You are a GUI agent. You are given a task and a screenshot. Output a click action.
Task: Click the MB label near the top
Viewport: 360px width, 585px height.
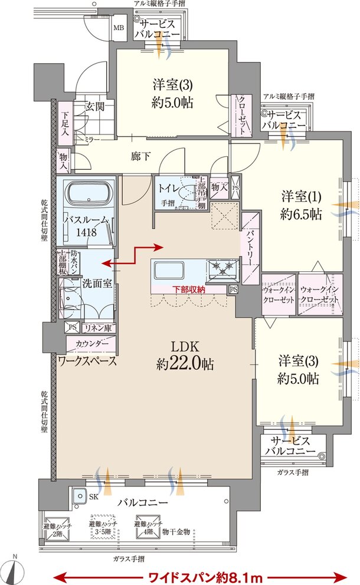(118, 28)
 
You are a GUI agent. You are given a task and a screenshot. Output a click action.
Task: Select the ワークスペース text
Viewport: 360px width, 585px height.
(87, 361)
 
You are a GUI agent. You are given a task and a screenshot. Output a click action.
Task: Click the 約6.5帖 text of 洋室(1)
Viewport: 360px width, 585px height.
(302, 215)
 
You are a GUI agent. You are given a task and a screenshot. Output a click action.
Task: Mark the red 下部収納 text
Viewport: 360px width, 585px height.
(189, 290)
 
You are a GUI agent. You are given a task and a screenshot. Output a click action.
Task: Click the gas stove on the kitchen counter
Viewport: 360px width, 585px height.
(222, 269)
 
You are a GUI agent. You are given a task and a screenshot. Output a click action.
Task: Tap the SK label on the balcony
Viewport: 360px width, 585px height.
(93, 497)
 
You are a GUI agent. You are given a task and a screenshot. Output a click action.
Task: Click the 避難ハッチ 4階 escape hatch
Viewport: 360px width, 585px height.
(145, 527)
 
